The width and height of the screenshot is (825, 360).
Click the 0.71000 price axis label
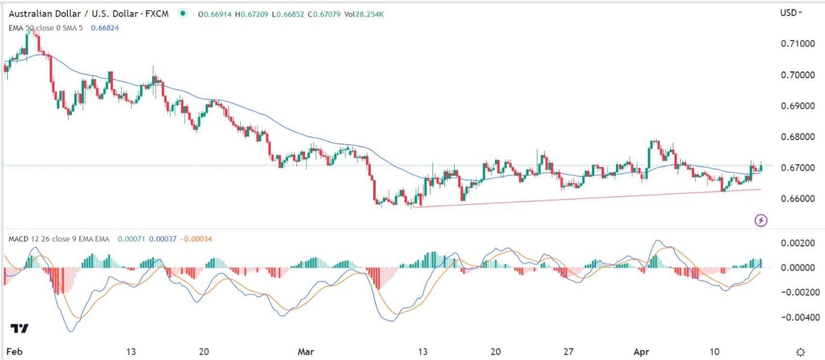[793, 44]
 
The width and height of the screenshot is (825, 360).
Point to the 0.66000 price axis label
[793, 199]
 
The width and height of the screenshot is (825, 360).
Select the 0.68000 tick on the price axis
[793, 137]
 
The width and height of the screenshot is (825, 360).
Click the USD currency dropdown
[791, 12]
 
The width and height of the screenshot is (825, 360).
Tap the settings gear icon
[800, 352]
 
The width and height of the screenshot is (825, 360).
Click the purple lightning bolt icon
[761, 220]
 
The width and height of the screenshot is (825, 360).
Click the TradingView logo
[19, 329]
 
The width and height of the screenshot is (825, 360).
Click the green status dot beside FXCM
[182, 12]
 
